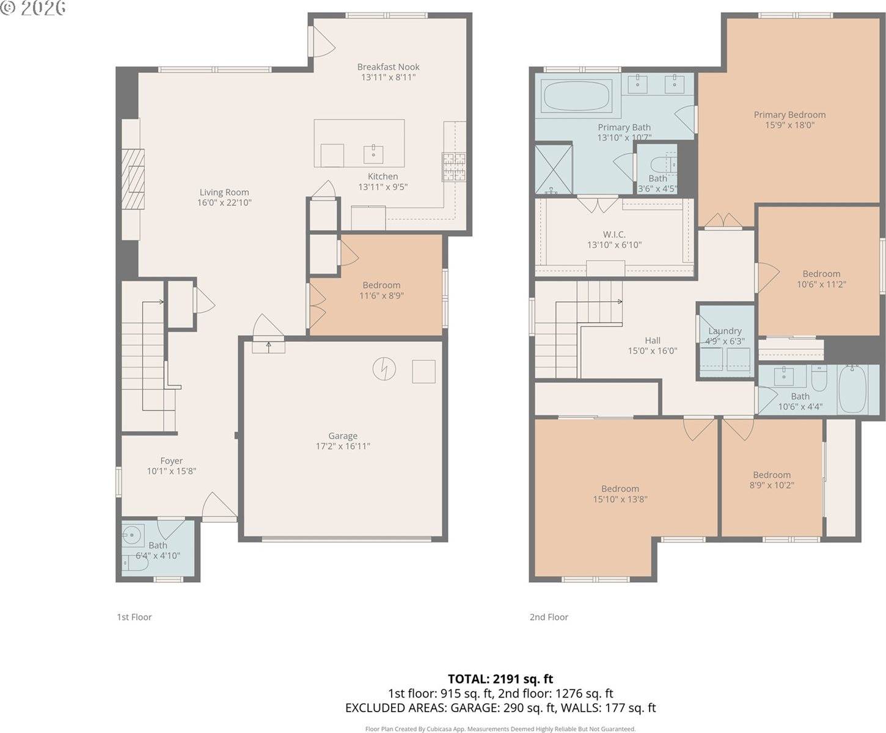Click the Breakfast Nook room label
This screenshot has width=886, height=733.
tap(389, 67)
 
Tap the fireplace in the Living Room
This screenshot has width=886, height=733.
tap(133, 180)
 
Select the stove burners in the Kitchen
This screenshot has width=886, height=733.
tap(453, 167)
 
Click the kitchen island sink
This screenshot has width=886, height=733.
tap(373, 153)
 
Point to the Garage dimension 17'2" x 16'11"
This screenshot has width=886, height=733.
tap(343, 446)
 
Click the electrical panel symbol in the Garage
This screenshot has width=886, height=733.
tap(384, 368)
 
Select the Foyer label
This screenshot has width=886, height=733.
tap(171, 461)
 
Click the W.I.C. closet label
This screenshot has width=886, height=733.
tap(614, 235)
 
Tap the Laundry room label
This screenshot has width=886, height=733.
tap(725, 331)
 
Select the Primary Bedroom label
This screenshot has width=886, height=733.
tap(789, 115)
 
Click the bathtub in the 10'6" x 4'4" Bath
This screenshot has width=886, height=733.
tap(852, 389)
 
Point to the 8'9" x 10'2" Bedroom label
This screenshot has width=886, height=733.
tap(772, 475)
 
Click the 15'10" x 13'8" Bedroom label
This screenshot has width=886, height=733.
tap(620, 489)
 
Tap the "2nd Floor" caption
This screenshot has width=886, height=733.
tap(549, 617)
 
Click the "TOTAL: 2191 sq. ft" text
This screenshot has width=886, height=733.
tap(500, 679)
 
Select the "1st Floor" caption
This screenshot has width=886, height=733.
tap(134, 617)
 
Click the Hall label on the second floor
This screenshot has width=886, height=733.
tap(653, 341)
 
